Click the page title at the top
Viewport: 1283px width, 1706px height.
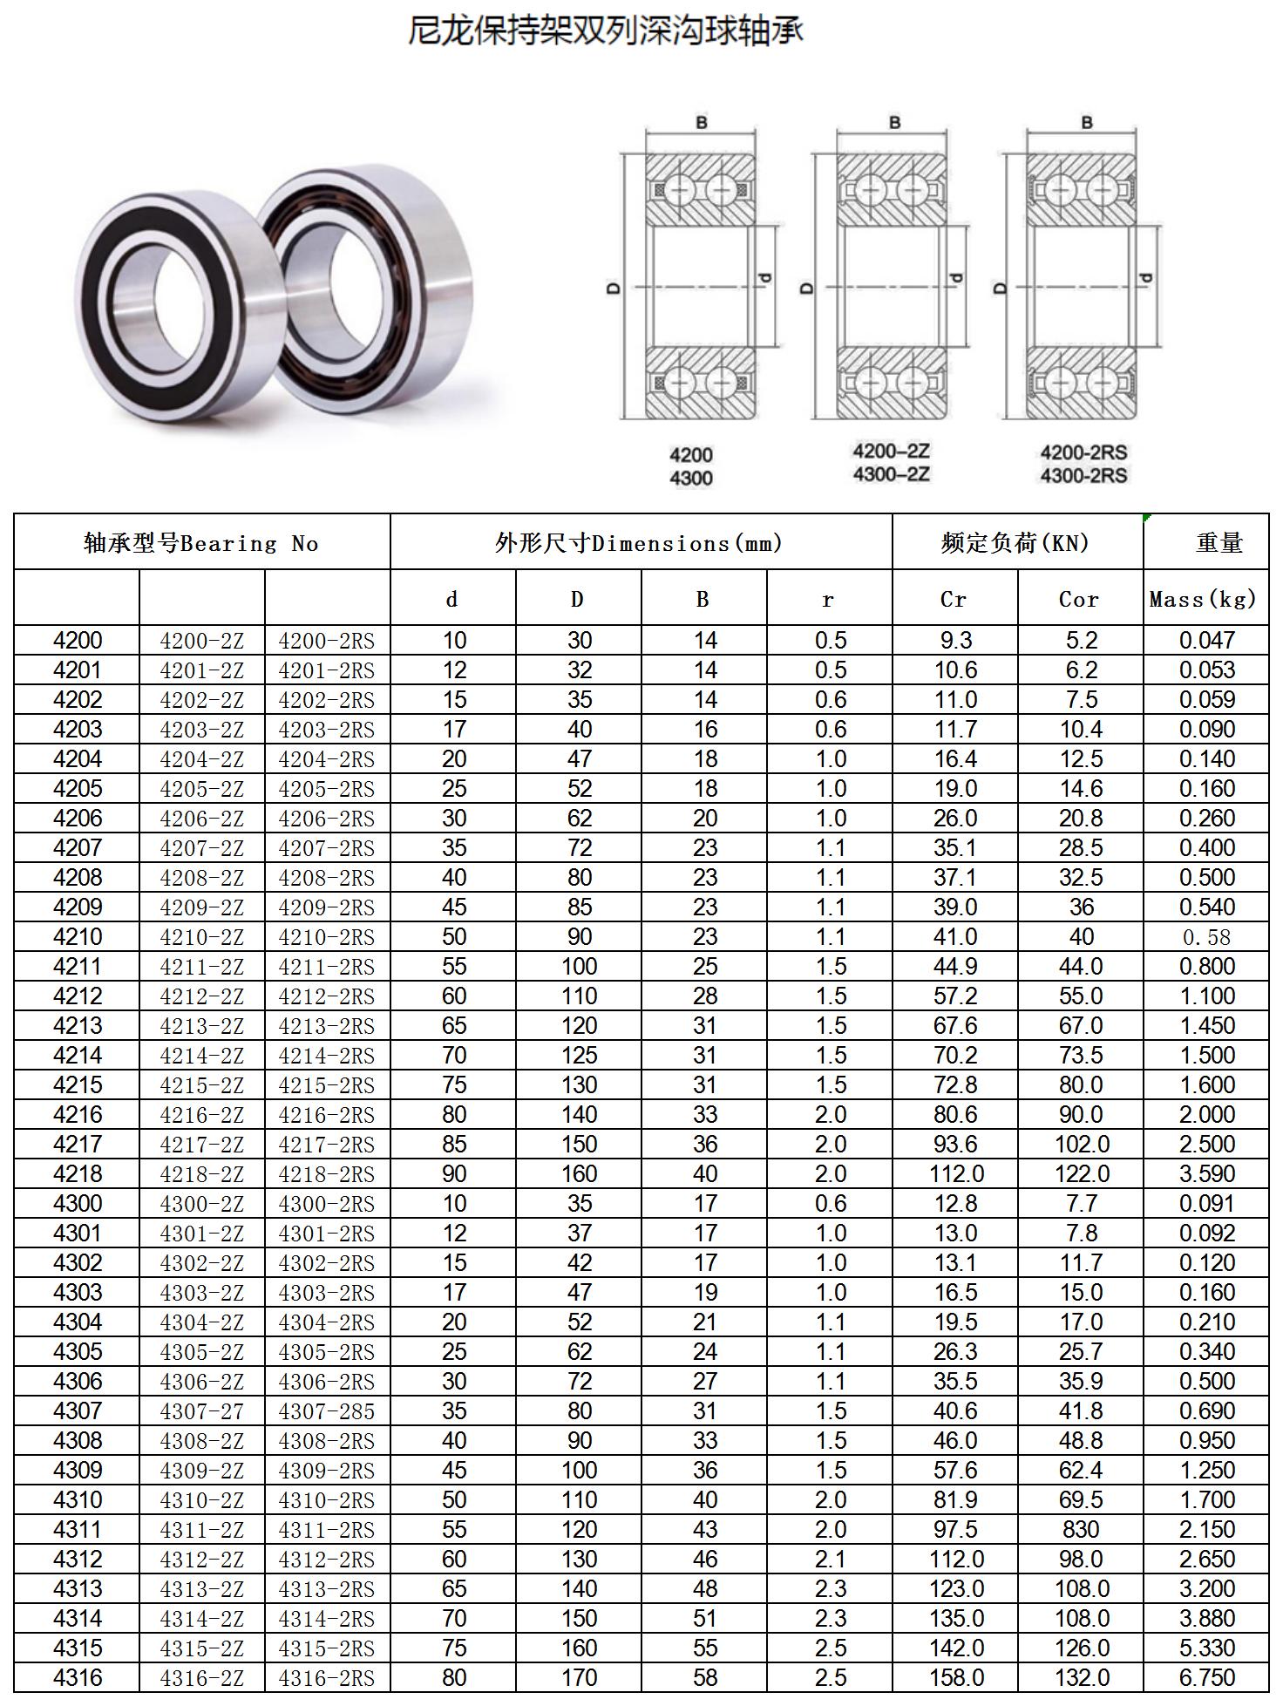click(605, 31)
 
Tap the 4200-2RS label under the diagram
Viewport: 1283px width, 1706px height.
click(1083, 452)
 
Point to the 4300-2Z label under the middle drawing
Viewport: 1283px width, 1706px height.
click(891, 474)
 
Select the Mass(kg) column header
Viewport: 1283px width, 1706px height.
click(1204, 599)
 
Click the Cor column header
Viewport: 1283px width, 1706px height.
click(1079, 599)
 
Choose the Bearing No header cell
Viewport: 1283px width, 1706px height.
click(201, 543)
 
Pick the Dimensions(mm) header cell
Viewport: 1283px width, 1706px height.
click(640, 543)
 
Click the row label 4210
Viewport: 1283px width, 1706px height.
click(78, 937)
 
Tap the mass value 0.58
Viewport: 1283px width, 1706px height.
click(1206, 937)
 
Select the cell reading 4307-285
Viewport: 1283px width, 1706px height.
click(326, 1411)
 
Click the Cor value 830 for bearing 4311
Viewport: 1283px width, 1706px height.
click(1081, 1530)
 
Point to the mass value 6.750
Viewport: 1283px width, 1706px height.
click(1206, 1678)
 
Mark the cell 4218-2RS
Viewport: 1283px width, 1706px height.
click(326, 1174)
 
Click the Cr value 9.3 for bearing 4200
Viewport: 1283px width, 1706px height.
click(955, 641)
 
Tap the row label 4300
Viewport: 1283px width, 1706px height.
click(78, 1204)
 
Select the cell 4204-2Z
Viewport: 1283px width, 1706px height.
click(201, 759)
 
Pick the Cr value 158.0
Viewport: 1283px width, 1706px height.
click(956, 1678)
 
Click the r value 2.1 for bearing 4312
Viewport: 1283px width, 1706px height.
click(830, 1560)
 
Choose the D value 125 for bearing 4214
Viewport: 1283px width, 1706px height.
click(579, 1056)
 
